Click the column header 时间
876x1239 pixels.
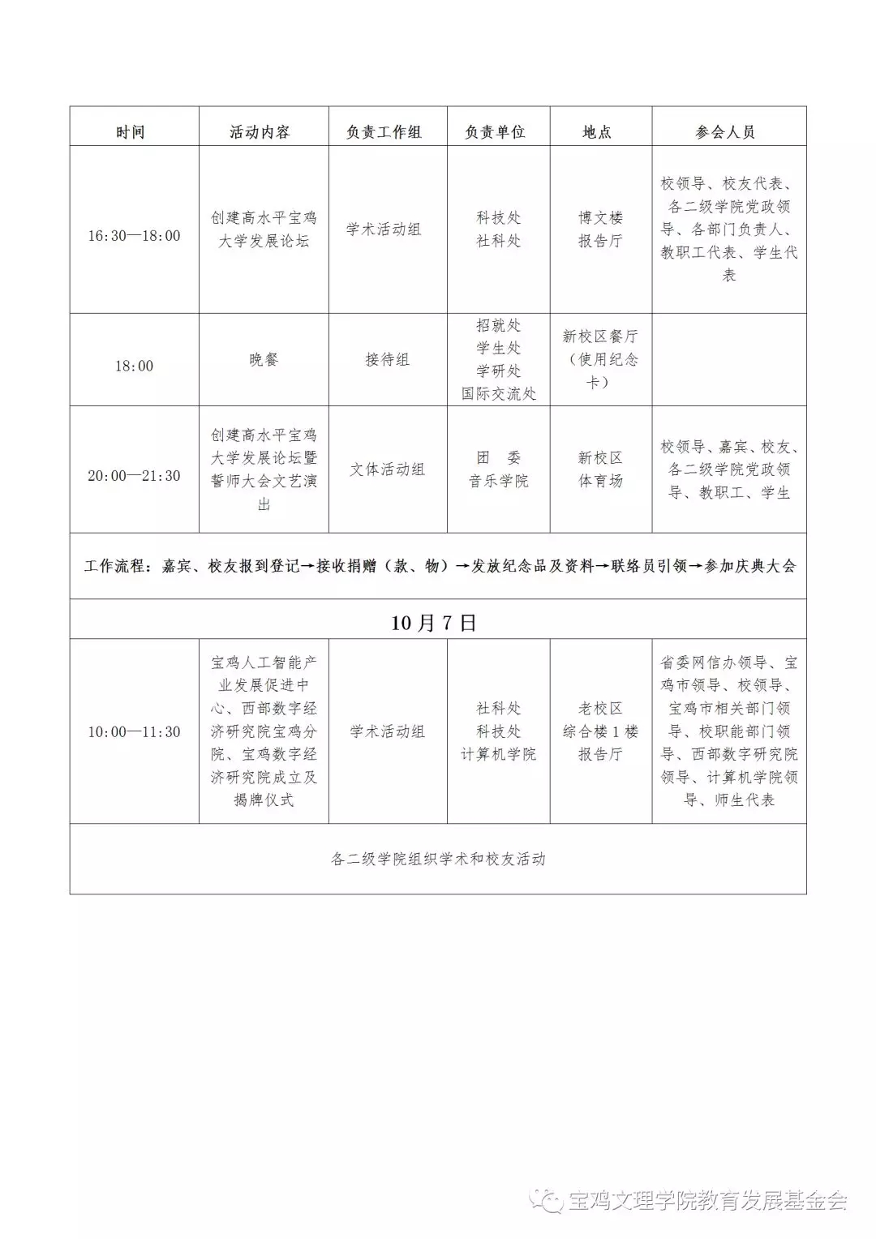tap(131, 132)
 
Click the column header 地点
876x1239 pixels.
tap(597, 132)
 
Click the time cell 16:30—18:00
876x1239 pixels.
tap(134, 236)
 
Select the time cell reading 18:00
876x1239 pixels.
tap(134, 366)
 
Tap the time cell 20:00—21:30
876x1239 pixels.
tap(134, 476)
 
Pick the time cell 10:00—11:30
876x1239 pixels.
tap(134, 732)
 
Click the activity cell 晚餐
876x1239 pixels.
tap(264, 359)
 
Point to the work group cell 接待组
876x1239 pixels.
tap(387, 359)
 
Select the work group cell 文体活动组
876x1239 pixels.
tap(387, 469)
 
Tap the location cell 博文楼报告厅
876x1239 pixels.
tap(600, 229)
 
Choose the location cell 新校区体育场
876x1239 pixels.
tap(600, 469)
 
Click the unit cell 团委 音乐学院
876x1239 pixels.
tap(498, 469)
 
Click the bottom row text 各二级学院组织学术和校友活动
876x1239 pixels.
tap(438, 859)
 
